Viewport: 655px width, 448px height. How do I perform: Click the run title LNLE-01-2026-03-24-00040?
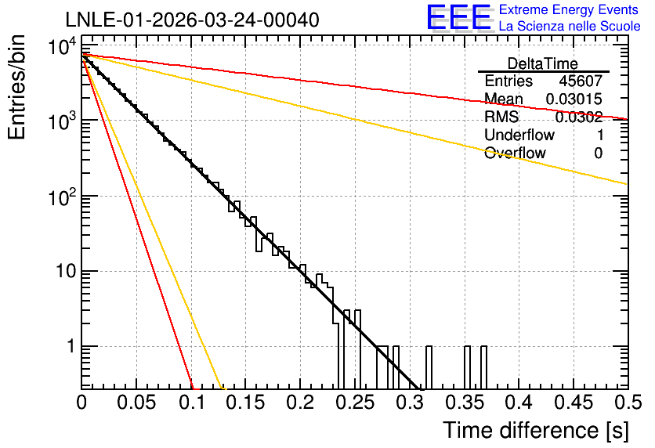(x=193, y=20)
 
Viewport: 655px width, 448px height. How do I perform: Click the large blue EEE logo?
(x=459, y=17)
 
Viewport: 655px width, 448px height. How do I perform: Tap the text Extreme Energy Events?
(x=569, y=9)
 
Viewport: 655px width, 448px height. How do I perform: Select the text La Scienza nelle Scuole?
(x=570, y=26)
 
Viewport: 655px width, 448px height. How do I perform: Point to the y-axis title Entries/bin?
(x=16, y=88)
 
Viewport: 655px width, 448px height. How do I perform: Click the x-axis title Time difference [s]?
(x=536, y=431)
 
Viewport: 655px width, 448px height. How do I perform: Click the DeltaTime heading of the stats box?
(x=543, y=63)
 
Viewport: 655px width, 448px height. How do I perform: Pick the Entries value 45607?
(x=581, y=81)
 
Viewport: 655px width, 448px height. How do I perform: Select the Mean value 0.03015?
(x=574, y=99)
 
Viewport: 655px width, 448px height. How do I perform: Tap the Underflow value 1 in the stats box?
(x=600, y=135)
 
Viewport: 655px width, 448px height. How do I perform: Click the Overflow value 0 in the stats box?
(x=599, y=153)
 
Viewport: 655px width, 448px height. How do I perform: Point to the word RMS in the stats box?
(x=501, y=117)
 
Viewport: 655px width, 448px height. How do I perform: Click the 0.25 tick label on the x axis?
(x=355, y=403)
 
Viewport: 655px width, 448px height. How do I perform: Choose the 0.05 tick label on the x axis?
(x=136, y=403)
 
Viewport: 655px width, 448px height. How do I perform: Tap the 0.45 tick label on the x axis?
(x=574, y=403)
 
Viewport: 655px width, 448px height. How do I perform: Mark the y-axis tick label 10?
(x=65, y=272)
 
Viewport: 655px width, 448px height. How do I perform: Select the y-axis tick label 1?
(x=71, y=346)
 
